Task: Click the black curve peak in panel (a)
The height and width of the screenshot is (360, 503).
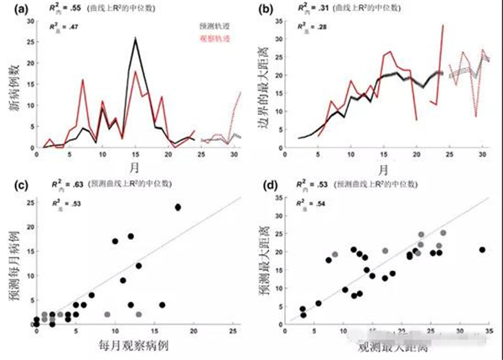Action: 135,38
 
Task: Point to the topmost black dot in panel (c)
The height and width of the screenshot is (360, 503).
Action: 178,207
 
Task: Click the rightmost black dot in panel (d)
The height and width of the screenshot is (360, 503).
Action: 481,249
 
